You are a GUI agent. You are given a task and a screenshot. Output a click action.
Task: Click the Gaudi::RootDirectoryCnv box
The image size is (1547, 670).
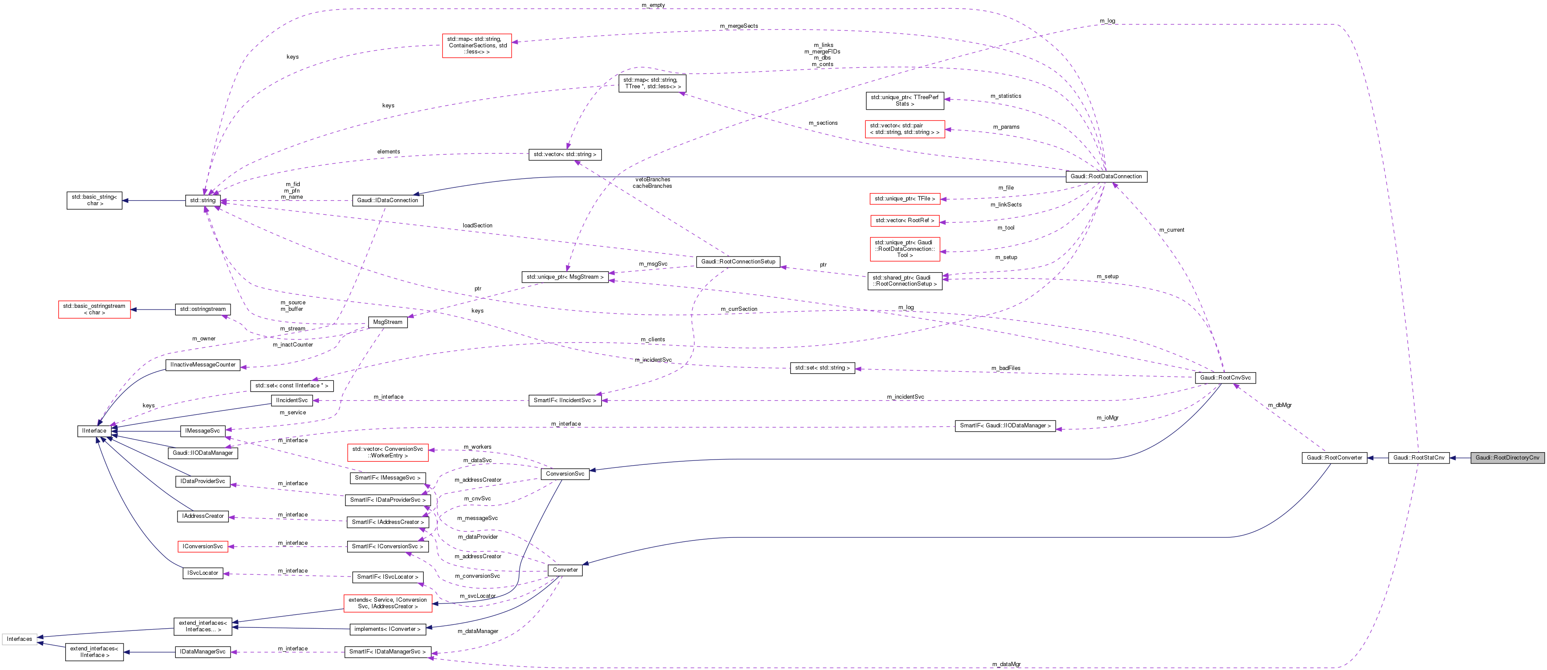coord(1507,457)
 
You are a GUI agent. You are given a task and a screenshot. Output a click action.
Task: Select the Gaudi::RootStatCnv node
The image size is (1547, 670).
coord(1419,457)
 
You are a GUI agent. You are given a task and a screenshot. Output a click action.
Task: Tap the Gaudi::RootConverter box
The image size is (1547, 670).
coord(1334,457)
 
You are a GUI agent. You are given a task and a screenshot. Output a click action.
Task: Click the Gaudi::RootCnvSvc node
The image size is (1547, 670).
coord(1225,378)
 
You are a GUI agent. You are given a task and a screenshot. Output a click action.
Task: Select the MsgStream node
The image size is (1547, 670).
coord(387,323)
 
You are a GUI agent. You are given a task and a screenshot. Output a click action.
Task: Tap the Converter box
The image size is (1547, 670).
coord(565,570)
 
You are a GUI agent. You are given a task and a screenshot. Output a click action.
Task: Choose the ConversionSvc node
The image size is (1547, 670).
coord(565,473)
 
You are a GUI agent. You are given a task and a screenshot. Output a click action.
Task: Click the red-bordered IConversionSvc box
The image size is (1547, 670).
coord(202,547)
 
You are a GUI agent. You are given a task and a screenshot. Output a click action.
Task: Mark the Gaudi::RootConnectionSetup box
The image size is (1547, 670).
coord(738,262)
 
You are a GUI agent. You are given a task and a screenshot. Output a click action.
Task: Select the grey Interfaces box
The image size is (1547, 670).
coord(19,639)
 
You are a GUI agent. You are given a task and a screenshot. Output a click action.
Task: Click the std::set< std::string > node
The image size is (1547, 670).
coord(822,368)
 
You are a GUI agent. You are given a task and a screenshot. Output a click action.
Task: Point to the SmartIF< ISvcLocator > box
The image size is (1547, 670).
coord(387,577)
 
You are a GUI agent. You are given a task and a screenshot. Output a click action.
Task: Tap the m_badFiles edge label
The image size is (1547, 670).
coord(1005,368)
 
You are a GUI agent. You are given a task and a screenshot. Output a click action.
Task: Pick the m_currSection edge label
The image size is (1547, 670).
coord(739,309)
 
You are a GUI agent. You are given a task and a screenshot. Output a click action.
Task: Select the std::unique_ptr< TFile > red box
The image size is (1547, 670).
coord(904,199)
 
